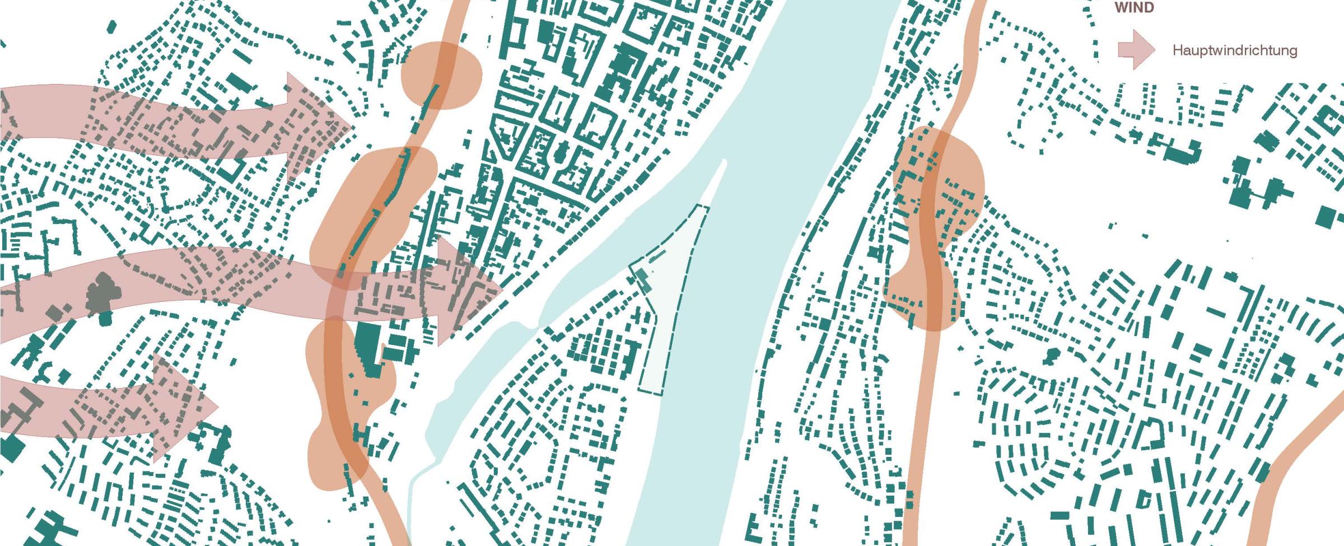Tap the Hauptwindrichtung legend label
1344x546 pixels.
(x=1234, y=50)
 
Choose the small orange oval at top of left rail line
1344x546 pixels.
(x=441, y=75)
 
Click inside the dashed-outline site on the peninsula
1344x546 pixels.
(x=669, y=314)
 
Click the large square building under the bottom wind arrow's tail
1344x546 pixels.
(x=12, y=448)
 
